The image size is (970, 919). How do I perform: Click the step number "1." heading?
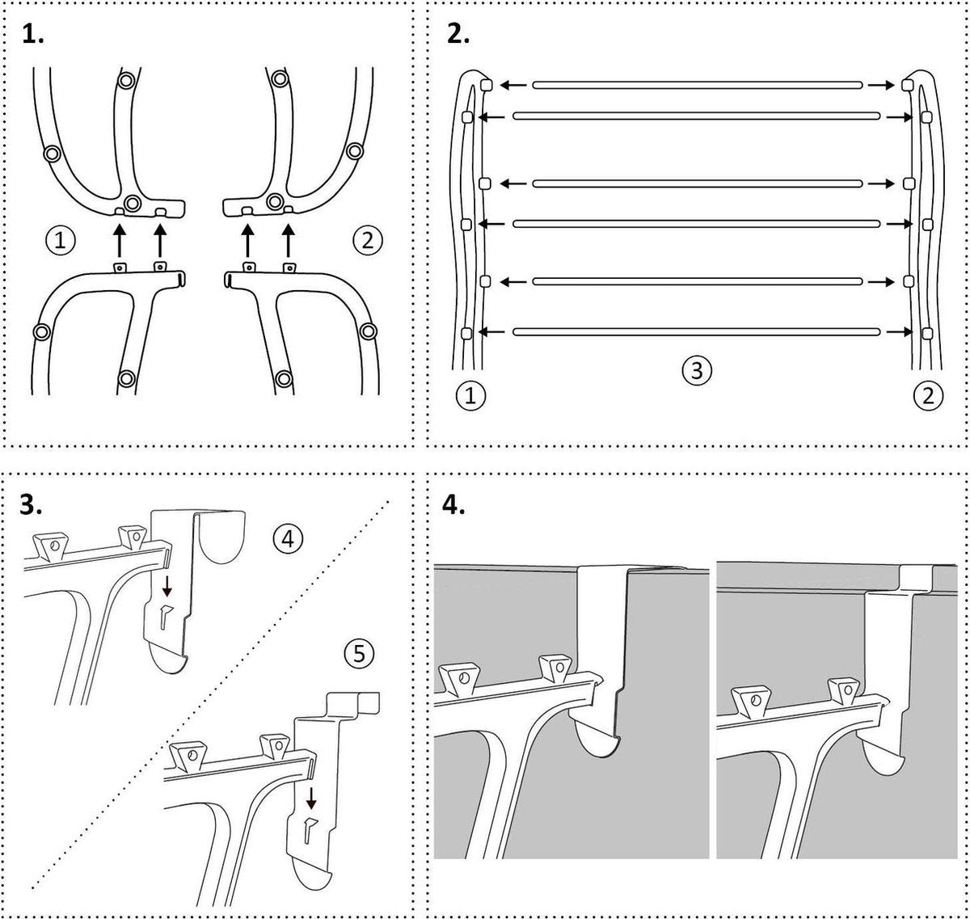(33, 36)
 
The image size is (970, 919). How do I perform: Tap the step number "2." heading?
(458, 36)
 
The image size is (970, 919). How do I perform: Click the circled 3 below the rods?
(697, 371)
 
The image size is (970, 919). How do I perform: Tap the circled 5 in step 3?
(359, 653)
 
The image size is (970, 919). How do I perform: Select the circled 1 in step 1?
(61, 239)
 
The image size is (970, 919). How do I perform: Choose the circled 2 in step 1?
(367, 239)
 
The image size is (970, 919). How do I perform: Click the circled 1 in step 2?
(470, 396)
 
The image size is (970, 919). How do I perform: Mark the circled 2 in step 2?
(927, 396)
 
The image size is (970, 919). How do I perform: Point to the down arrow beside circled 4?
(167, 586)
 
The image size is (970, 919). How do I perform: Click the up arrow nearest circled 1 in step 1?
(119, 241)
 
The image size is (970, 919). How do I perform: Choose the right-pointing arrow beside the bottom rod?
(898, 331)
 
